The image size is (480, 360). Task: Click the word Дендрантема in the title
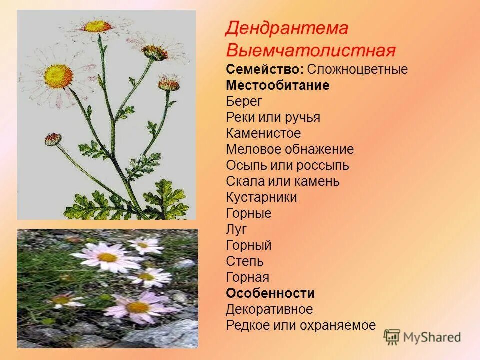[286, 28]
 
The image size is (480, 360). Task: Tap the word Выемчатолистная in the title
[310, 50]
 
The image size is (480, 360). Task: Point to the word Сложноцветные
[357, 69]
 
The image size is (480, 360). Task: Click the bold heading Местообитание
[277, 85]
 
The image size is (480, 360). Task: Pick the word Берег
[244, 101]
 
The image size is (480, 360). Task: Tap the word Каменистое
[263, 133]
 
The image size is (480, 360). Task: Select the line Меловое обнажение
[290, 149]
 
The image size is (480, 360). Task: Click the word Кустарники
[261, 197]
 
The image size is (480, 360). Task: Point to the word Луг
[236, 229]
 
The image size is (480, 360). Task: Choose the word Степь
[244, 261]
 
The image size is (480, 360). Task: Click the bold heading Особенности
[270, 293]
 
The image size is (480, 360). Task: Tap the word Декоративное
[269, 309]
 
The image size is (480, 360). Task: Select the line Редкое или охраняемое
[300, 325]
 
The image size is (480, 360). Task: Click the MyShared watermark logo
[422, 337]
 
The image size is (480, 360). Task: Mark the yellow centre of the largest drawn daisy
[58, 76]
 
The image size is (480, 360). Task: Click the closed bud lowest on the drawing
[53, 139]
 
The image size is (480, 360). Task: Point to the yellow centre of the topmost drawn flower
[97, 26]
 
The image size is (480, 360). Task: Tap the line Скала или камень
[282, 181]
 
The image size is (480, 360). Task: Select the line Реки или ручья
[273, 117]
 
